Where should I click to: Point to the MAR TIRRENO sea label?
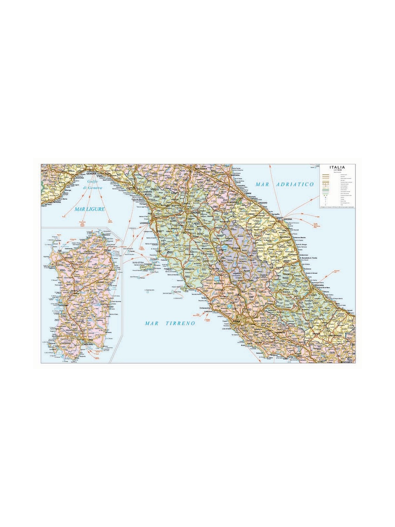pyautogui.click(x=170, y=323)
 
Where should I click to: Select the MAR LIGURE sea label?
pyautogui.click(x=90, y=209)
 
